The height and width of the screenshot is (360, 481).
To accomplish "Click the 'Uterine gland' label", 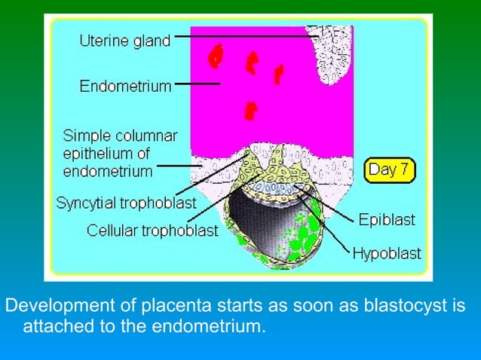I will [125, 41].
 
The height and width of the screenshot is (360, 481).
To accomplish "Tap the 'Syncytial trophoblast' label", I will [126, 203].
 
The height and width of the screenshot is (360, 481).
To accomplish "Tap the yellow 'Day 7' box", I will [390, 170].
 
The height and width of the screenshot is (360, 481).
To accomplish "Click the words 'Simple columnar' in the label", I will [117, 136].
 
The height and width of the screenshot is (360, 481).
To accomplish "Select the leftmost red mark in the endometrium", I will [217, 55].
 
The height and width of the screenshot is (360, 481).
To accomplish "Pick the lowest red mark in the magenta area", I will [248, 111].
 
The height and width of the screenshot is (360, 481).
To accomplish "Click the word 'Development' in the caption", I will [49, 307].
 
